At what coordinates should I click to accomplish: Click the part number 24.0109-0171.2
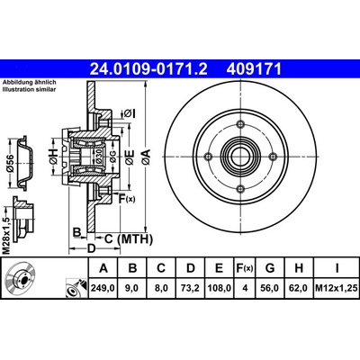point(148,69)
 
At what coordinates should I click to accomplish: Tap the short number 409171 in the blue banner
point(254,69)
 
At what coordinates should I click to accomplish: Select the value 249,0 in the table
point(103,288)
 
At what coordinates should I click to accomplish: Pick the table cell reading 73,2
point(191,288)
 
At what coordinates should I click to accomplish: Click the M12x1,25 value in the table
point(337,288)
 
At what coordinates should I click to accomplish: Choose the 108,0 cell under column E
point(219,288)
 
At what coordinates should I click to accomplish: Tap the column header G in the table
point(270,268)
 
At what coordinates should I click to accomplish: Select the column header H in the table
point(299,268)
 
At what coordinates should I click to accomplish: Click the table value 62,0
point(299,288)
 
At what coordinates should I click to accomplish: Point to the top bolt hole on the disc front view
point(240,124)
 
